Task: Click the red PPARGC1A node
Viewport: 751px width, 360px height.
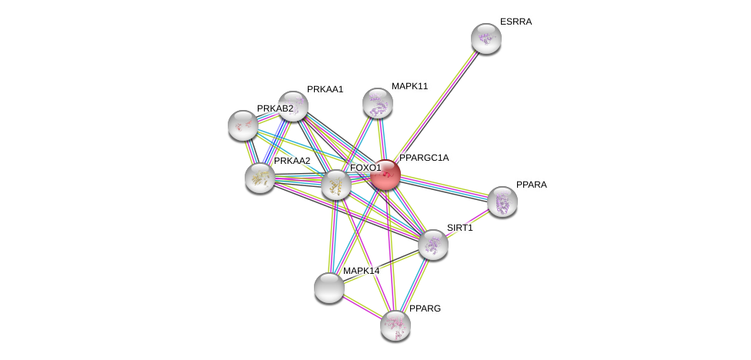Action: pyautogui.click(x=386, y=175)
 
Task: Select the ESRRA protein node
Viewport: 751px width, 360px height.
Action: pyautogui.click(x=486, y=38)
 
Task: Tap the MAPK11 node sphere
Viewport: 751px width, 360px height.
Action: pyautogui.click(x=378, y=103)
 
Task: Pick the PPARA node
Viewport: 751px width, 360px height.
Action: pyautogui.click(x=502, y=202)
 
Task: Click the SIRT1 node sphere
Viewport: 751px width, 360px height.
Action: pyautogui.click(x=433, y=245)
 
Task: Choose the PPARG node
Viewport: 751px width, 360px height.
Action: pyautogui.click(x=396, y=325)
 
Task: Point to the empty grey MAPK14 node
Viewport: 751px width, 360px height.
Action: pyautogui.click(x=329, y=288)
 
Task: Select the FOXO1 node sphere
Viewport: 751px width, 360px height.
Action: pyautogui.click(x=336, y=185)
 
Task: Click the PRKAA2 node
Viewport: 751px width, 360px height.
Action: pyautogui.click(x=260, y=178)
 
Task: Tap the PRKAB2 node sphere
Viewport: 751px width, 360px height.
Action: pyautogui.click(x=243, y=125)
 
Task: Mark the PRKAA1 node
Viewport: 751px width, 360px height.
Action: pyautogui.click(x=293, y=106)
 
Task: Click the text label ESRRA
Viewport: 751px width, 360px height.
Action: pyautogui.click(x=516, y=22)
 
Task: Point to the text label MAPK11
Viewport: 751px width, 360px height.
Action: pyautogui.click(x=409, y=86)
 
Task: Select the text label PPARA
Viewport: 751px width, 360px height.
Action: pyautogui.click(x=531, y=185)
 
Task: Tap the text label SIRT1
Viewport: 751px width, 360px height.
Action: pyautogui.click(x=460, y=228)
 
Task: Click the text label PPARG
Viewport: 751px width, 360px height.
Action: pyautogui.click(x=425, y=308)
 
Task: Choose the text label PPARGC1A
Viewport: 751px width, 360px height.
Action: pyautogui.click(x=424, y=158)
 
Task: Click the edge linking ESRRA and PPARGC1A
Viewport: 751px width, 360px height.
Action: pyautogui.click(x=436, y=107)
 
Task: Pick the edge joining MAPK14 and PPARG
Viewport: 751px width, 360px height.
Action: pyautogui.click(x=362, y=307)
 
